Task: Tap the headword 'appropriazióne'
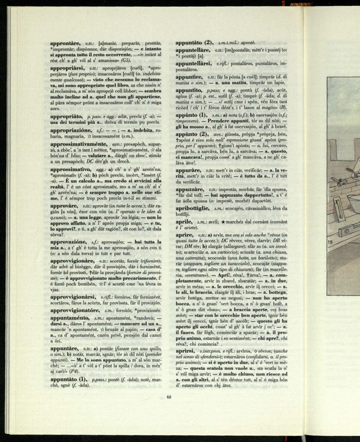(69, 130)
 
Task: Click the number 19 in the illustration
(330, 242)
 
